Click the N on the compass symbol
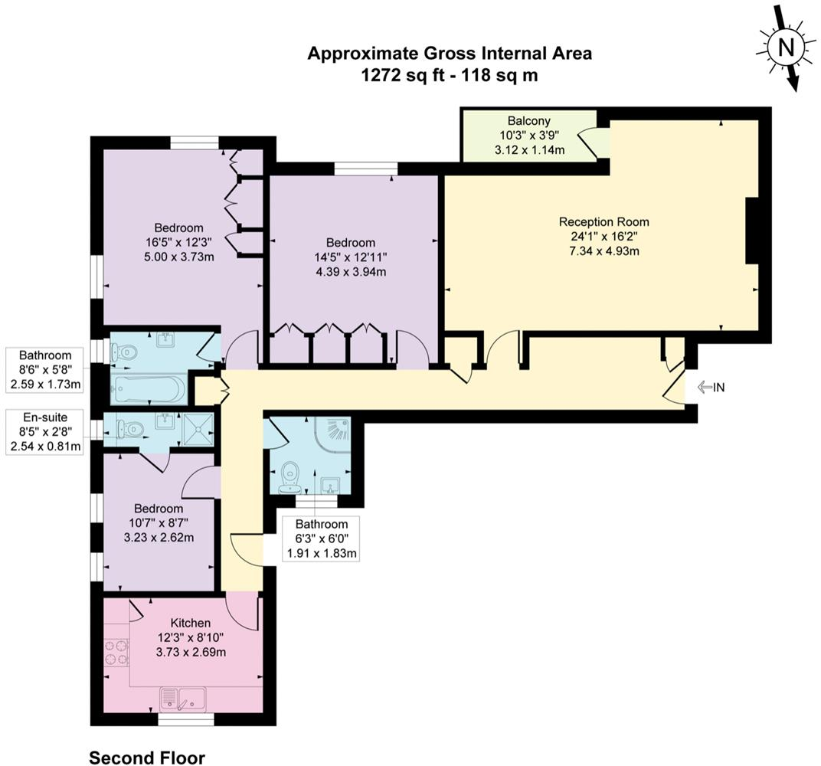pyautogui.click(x=786, y=47)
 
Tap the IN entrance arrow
pyautogui.click(x=705, y=388)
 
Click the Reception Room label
pyautogui.click(x=603, y=221)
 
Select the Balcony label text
pyautogui.click(x=529, y=121)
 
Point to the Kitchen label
pyautogui.click(x=191, y=623)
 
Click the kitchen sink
pyautogui.click(x=183, y=699)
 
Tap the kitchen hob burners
pyautogui.click(x=116, y=653)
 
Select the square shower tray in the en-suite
pyautogui.click(x=199, y=430)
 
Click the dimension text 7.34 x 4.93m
pyautogui.click(x=604, y=250)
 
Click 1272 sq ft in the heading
pyautogui.click(x=402, y=75)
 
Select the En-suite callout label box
pyautogui.click(x=44, y=432)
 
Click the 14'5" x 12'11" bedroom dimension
pyautogui.click(x=350, y=257)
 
